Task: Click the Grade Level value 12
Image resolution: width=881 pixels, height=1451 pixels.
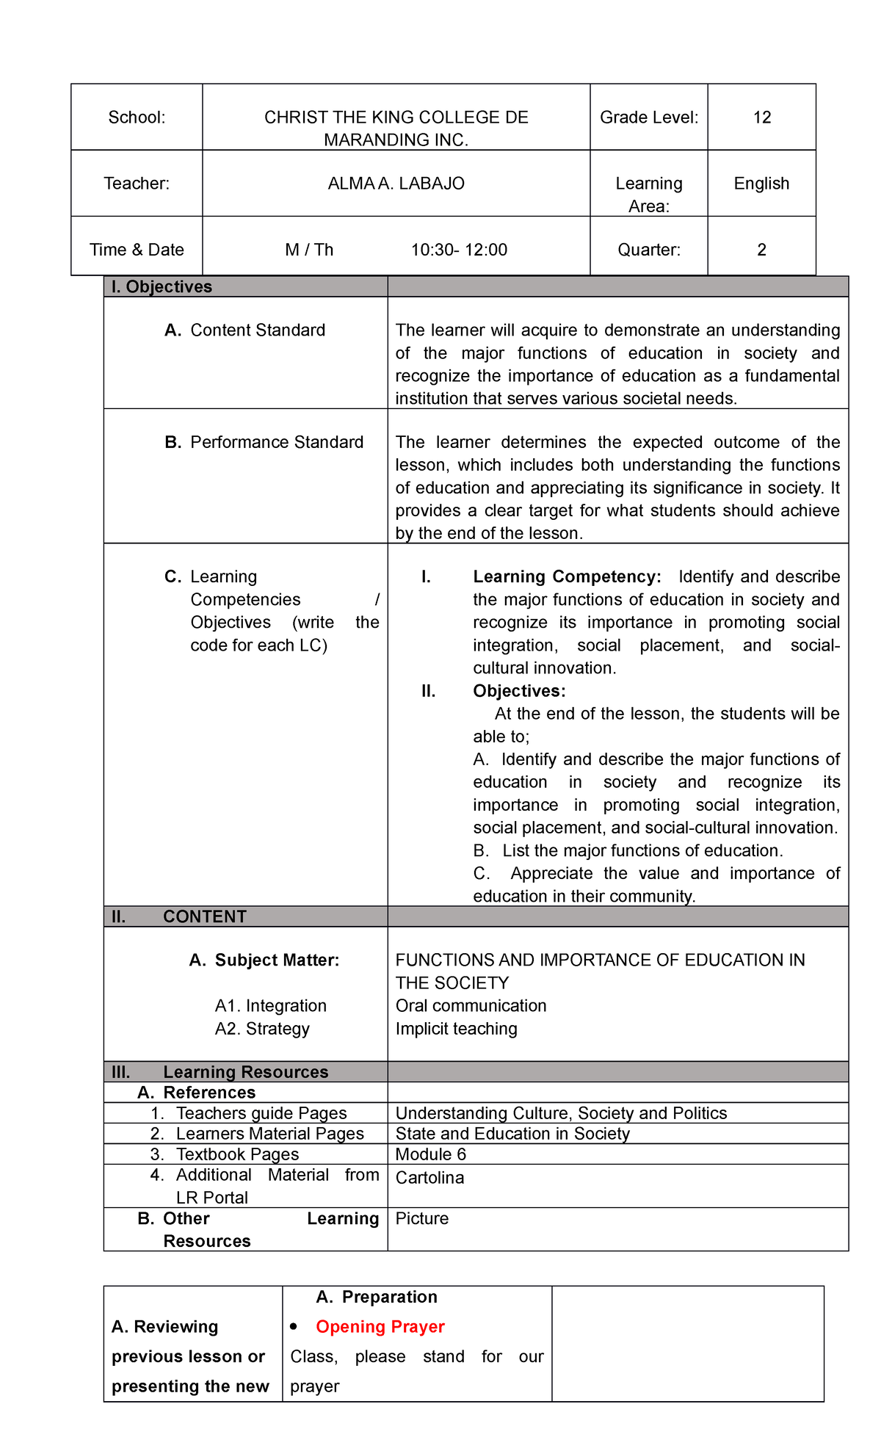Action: coord(761,117)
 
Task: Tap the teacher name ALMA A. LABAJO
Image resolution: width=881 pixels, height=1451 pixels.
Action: coord(396,184)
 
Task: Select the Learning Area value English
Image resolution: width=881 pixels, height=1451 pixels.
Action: coord(761,184)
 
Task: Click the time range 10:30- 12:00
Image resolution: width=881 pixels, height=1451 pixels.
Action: coord(459,250)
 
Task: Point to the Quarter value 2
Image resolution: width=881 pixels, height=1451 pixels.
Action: coord(761,250)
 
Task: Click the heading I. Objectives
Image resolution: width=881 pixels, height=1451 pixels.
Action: coord(162,287)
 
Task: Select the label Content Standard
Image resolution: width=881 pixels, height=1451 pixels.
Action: coord(257,330)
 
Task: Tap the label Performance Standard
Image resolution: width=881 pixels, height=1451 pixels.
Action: coord(276,442)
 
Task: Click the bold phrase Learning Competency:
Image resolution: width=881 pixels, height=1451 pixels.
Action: coord(567,576)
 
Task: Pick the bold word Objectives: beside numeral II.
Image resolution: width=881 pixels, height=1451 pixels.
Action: coord(519,691)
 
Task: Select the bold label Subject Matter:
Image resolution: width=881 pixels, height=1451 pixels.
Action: coord(277,960)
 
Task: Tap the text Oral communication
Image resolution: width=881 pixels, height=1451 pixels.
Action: coord(471,1006)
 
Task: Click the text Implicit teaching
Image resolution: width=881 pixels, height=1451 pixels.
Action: coord(456,1029)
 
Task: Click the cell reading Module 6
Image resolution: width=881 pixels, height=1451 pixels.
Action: coord(430,1154)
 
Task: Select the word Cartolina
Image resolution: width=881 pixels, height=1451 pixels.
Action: coord(429,1178)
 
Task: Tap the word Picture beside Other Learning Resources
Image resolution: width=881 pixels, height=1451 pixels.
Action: coord(421,1219)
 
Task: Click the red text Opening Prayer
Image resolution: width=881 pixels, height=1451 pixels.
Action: coord(380,1327)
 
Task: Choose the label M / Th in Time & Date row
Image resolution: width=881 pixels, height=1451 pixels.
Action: coord(309,250)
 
